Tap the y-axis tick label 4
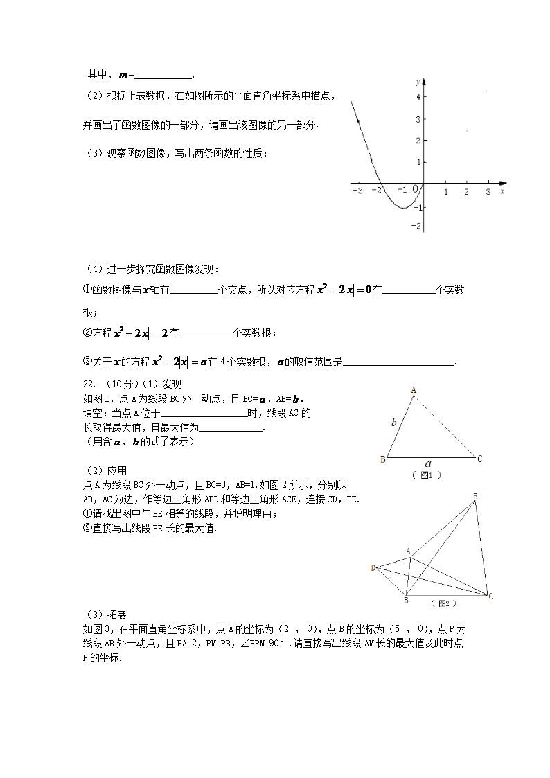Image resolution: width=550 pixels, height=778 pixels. click(418, 97)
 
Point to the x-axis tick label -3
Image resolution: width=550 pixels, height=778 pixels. click(357, 191)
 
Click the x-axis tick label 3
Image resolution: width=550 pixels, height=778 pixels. click(488, 191)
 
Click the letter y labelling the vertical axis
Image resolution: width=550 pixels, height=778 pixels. click(417, 81)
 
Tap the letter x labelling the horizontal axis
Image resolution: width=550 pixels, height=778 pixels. click(502, 190)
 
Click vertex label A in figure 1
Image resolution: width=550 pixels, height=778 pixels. click(414, 390)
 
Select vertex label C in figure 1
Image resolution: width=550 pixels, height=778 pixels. click(479, 458)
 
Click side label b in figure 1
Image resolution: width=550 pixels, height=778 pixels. click(393, 421)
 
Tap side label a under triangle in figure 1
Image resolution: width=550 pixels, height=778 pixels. click(428, 464)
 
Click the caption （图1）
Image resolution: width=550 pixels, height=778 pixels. click(427, 475)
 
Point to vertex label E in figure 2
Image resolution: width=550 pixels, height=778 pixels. click(474, 496)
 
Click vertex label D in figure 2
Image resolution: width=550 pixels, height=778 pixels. click(373, 568)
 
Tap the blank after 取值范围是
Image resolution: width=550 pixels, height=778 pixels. click(399, 362)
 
